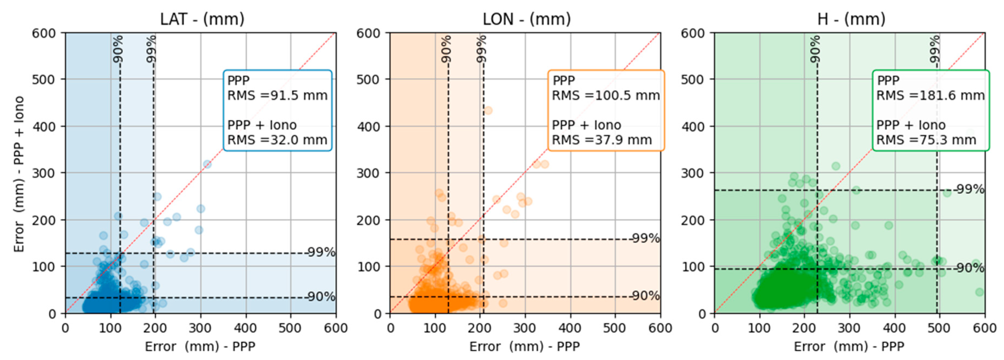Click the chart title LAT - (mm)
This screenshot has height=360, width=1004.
pos(202,19)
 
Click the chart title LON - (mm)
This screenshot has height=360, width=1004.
pos(527,19)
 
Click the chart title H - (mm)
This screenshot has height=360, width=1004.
pos(851,19)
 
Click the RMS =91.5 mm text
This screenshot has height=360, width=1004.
pos(277,96)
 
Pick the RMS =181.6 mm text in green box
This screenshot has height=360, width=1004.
pos(930,96)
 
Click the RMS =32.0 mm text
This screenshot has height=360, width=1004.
pos(277,140)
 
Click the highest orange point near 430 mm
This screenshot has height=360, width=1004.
pos(488,111)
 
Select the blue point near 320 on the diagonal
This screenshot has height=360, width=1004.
pos(207,164)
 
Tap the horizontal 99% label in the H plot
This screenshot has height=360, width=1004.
pos(970,189)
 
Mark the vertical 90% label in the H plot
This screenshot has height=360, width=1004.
pos(815,49)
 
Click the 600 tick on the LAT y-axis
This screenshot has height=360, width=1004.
pos(44,33)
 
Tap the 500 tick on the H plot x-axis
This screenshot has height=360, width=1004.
pos(939,328)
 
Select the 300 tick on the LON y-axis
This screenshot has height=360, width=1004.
pos(368,173)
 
